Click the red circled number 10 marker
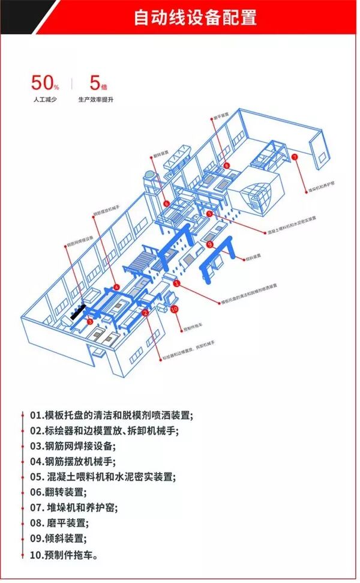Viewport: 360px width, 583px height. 175,309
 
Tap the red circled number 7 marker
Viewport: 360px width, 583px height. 295,157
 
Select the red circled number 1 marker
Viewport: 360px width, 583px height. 176,282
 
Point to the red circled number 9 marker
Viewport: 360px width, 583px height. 209,244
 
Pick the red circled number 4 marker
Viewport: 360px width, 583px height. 116,286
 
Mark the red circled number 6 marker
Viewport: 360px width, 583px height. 166,204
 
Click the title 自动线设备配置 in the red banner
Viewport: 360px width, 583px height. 196,17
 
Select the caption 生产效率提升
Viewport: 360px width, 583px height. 95,99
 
